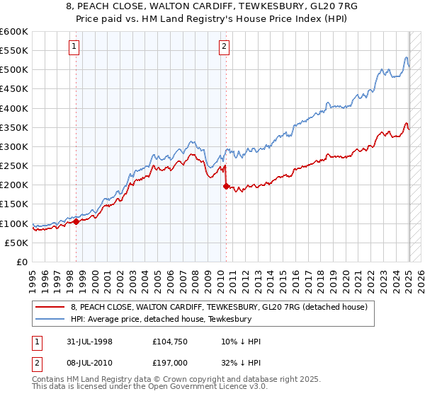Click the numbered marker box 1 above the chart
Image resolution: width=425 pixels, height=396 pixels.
(x=74, y=47)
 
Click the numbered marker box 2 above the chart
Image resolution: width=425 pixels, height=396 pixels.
(x=224, y=47)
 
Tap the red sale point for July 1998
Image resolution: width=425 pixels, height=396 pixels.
(x=76, y=221)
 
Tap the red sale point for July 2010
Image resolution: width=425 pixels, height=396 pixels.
(x=226, y=187)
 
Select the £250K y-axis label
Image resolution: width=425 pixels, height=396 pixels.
(x=15, y=166)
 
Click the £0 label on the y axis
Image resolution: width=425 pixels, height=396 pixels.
(x=22, y=262)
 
